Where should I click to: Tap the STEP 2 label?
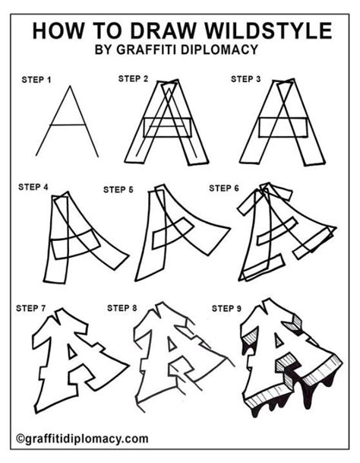point(134,78)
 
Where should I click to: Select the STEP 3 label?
point(247,78)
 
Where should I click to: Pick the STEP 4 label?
point(33,186)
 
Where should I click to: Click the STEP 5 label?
point(119,189)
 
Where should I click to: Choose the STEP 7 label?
point(31,309)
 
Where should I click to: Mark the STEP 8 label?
point(122,308)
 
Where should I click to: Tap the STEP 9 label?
point(227,308)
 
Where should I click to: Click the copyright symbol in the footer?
point(19,439)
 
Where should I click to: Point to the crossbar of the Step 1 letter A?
point(67,125)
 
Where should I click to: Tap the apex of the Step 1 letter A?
point(70,86)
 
